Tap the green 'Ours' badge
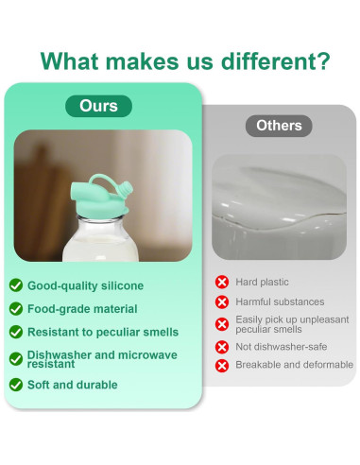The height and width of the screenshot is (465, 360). coord(98,106)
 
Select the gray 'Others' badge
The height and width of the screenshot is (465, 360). coord(279,126)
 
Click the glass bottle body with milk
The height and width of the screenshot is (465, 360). coord(100,238)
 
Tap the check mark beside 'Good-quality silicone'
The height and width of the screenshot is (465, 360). coord(16,285)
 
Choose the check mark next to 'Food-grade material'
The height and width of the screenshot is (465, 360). coord(16,309)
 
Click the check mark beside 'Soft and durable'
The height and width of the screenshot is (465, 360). coord(16,385)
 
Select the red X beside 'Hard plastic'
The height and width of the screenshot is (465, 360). coord(222,282)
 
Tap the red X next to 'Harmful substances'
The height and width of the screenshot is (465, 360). coord(222,301)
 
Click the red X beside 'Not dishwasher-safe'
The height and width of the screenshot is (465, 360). coord(222,347)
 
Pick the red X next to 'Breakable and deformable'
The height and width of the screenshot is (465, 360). coord(222,366)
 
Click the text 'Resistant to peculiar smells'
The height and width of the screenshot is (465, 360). coord(103,332)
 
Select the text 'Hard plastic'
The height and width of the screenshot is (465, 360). coord(262,282)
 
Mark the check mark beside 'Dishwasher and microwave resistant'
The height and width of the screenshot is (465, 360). coord(16,359)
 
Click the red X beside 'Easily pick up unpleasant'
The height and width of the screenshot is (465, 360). coord(222,324)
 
